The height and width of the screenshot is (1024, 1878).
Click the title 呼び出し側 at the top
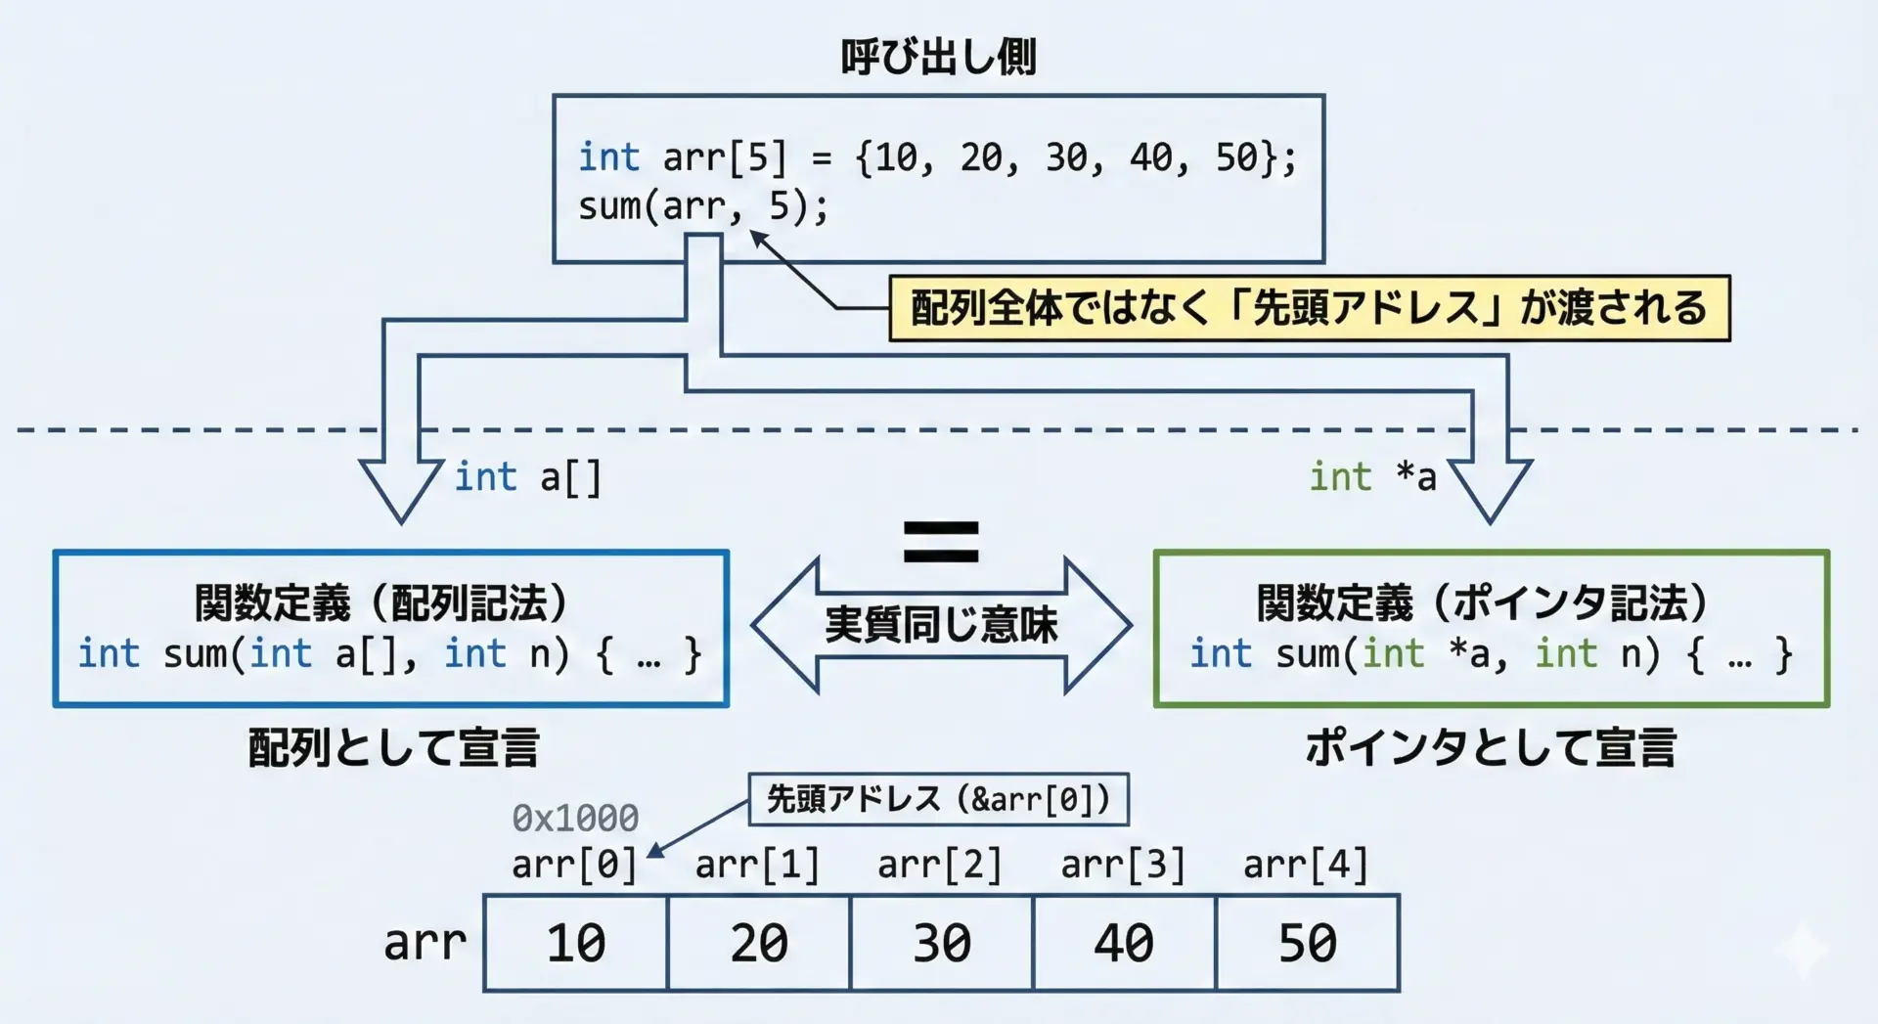pyautogui.click(x=938, y=57)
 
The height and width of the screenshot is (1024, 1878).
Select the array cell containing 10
pyautogui.click(x=576, y=943)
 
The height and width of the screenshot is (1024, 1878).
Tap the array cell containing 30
pyautogui.click(x=941, y=943)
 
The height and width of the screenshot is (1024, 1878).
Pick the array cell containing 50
pyautogui.click(x=1307, y=943)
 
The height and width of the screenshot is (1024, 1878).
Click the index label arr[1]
pyautogui.click(x=757, y=865)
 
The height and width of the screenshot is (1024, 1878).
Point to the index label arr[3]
pyautogui.click(x=1123, y=865)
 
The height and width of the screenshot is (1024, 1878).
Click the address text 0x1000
pyautogui.click(x=575, y=818)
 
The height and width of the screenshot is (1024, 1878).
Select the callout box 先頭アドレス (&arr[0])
pyautogui.click(x=938, y=799)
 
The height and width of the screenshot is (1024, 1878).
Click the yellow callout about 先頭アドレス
pyautogui.click(x=1309, y=308)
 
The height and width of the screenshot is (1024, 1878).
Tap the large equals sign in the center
pyautogui.click(x=940, y=542)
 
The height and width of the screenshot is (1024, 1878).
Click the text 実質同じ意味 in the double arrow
pyautogui.click(x=941, y=625)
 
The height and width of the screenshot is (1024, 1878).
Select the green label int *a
pyautogui.click(x=1372, y=477)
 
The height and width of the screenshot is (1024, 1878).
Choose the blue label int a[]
pyautogui.click(x=528, y=477)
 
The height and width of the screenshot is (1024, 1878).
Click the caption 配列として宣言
pyautogui.click(x=393, y=748)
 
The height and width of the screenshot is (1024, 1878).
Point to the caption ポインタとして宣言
pyautogui.click(x=1491, y=748)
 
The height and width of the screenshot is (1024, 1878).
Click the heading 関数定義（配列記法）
pyautogui.click(x=381, y=602)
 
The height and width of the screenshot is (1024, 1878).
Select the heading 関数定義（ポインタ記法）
pyautogui.click(x=1483, y=602)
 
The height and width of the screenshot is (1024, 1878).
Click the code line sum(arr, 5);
pyautogui.click(x=702, y=206)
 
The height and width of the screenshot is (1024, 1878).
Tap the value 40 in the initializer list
pyautogui.click(x=1151, y=156)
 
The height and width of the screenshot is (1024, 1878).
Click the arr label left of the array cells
pyautogui.click(x=425, y=943)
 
